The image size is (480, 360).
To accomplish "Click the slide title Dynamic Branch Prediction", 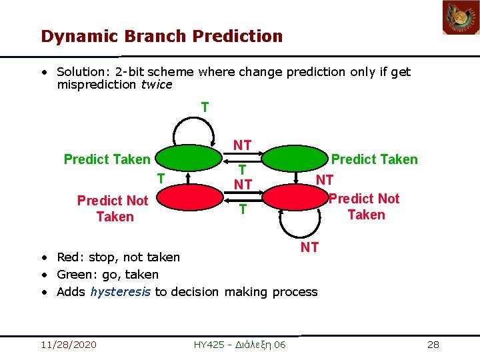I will point(161,36).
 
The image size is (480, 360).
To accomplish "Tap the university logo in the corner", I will point(461,18).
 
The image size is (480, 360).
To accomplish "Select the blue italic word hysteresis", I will point(121,291).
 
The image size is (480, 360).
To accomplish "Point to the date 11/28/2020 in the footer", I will point(68,344).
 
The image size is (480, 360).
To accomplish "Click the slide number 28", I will point(433,344).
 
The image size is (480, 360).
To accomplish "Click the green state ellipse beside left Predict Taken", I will point(189,159).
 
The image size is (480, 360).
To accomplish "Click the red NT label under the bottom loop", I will point(309,248).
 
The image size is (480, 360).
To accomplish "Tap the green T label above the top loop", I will point(205,107).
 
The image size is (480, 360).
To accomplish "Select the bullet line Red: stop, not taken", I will point(118,257).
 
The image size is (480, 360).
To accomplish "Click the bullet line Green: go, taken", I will point(107,274).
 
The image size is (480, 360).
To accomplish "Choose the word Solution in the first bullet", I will point(79,71).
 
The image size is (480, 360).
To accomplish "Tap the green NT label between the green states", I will point(242,145).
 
